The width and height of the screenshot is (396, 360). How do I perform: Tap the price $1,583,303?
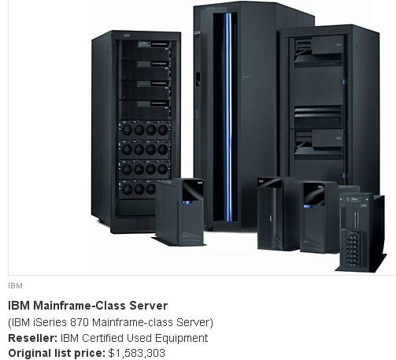[137, 354]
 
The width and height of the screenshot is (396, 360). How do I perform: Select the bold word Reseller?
[33, 338]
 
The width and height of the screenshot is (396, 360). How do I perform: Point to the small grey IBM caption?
[15, 286]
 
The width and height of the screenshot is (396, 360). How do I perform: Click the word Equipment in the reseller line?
[182, 339]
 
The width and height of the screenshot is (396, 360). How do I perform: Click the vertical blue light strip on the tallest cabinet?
[228, 117]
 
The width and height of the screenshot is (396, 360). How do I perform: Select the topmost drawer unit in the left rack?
[145, 50]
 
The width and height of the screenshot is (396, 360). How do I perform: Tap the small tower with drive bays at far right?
[361, 232]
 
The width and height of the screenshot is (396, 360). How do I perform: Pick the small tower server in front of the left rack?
[179, 212]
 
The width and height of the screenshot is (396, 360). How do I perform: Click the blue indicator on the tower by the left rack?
[187, 202]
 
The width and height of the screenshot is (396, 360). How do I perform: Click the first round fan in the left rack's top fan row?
[127, 130]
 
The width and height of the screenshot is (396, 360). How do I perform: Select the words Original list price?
[57, 354]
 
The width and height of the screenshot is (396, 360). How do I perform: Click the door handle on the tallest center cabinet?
[198, 79]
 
